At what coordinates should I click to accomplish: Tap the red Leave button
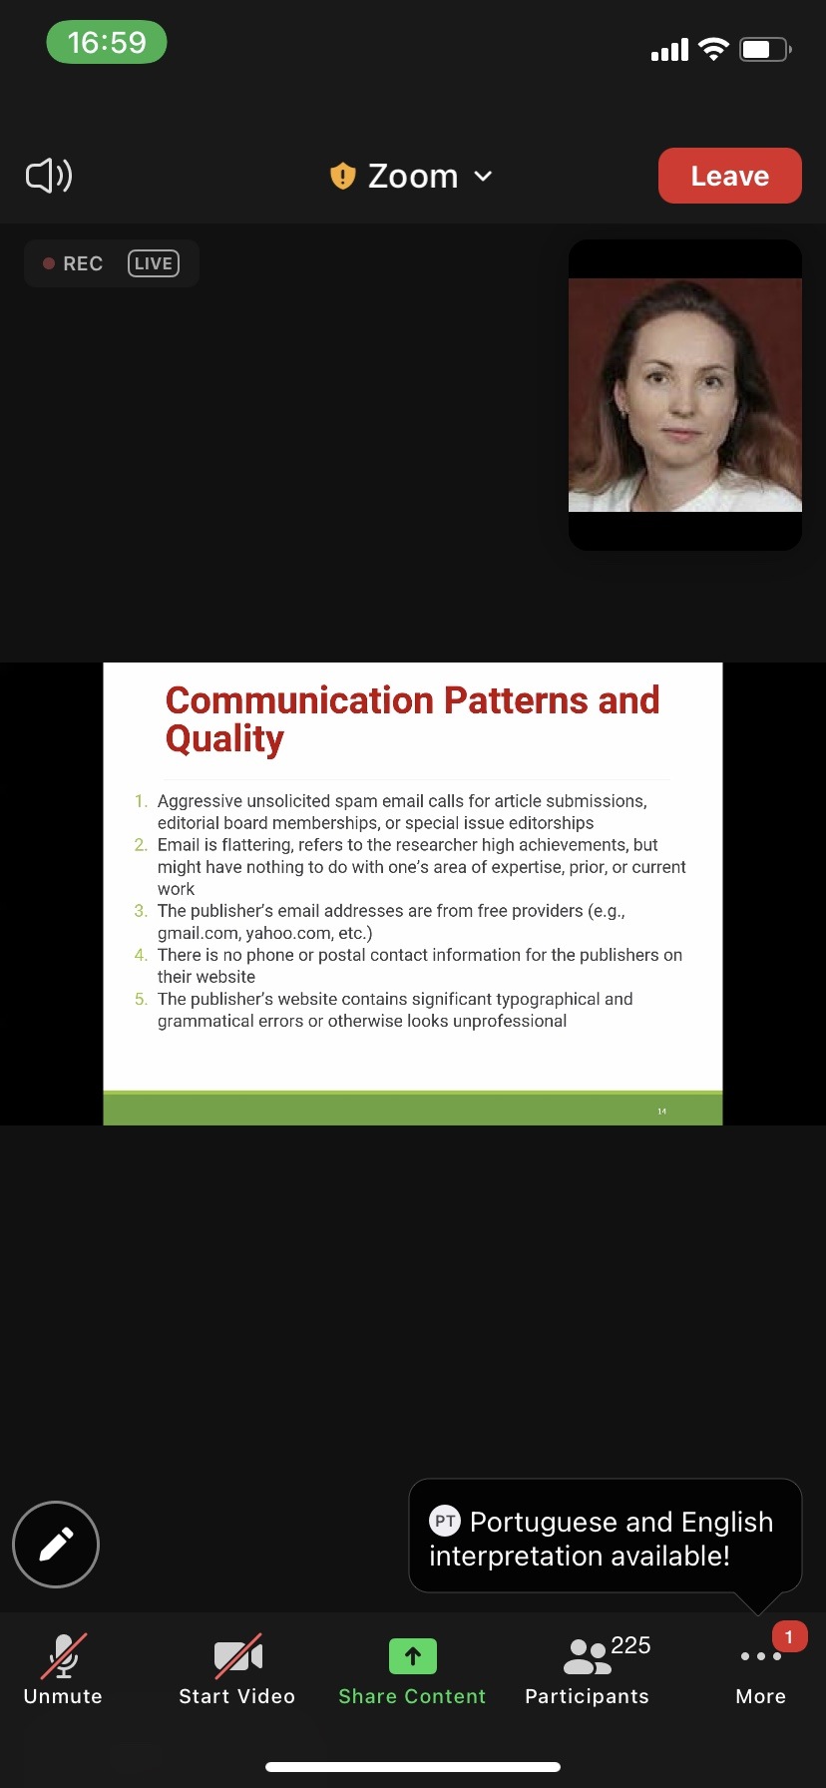[729, 176]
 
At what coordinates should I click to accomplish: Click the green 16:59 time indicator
[107, 43]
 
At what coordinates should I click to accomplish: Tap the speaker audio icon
[49, 176]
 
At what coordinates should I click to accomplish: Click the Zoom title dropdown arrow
[483, 177]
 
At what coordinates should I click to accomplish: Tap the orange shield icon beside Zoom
[342, 176]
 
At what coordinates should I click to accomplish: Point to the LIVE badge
[154, 263]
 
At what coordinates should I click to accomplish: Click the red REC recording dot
[48, 263]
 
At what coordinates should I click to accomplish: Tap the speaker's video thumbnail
[685, 395]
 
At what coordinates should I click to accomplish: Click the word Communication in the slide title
[299, 700]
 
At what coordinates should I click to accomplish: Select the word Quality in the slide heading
[224, 739]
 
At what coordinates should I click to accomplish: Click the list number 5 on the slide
[141, 999]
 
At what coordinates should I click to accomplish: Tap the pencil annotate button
[56, 1545]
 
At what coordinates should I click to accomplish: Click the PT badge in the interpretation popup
[445, 1522]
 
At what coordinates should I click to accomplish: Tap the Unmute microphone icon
[63, 1656]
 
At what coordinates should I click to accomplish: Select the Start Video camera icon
[237, 1656]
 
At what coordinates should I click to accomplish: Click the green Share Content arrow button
[413, 1656]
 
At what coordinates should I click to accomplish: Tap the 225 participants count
[630, 1645]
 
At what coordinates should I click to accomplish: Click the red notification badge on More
[789, 1636]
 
